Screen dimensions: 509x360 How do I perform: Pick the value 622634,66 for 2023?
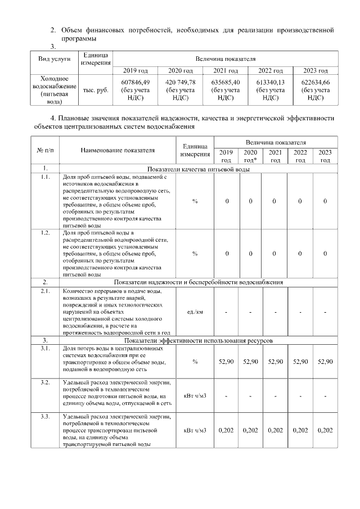[316, 82]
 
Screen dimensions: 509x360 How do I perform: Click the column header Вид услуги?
[55, 59]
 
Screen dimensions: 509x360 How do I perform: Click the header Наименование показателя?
[117, 151]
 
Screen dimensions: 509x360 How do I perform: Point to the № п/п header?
[44, 151]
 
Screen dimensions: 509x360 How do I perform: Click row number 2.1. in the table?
[44, 291]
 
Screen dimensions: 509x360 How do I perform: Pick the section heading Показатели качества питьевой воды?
[198, 169]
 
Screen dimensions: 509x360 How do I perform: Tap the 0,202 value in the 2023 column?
[325, 431]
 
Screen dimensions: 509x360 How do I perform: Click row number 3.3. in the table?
[44, 416]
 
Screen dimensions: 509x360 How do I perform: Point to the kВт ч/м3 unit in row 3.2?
[195, 396]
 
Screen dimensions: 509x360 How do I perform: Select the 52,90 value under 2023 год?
[325, 362]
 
